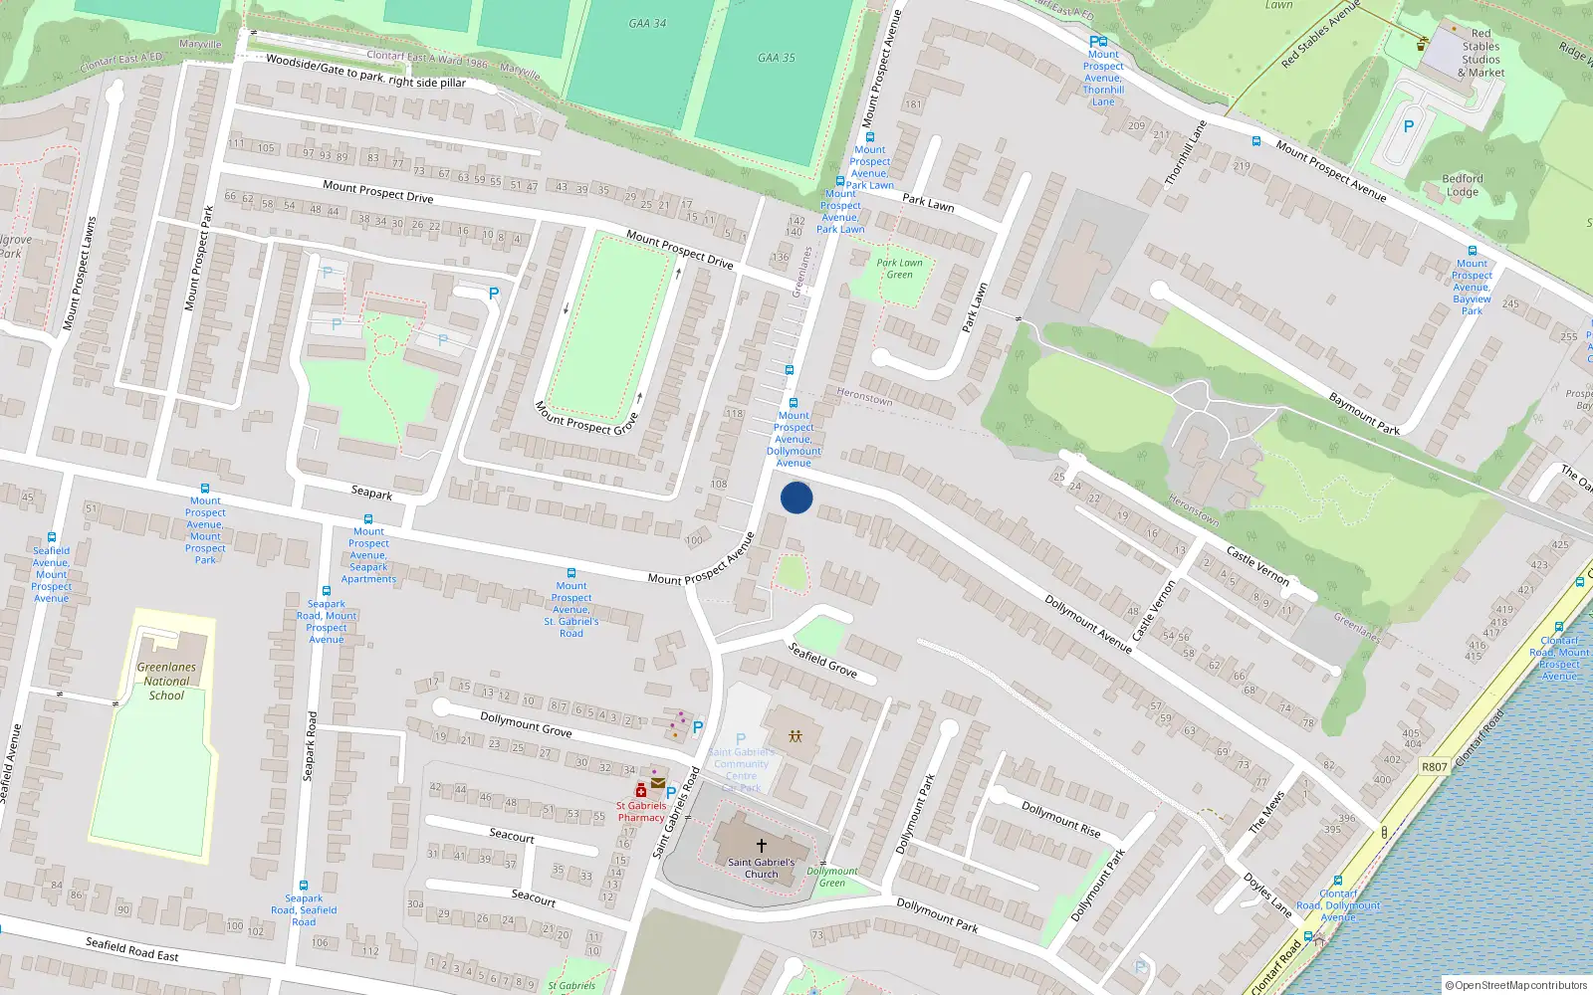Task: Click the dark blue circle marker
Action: pos(796,497)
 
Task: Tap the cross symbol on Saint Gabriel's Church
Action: pos(762,846)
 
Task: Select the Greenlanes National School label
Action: pos(166,682)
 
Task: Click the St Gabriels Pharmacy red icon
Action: pos(641,791)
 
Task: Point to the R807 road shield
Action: pos(1435,766)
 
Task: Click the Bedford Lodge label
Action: pos(1462,185)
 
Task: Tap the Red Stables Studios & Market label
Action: pos(1481,53)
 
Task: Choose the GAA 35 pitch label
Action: pos(777,58)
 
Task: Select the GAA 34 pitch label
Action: pos(647,23)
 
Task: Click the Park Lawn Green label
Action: pos(900,269)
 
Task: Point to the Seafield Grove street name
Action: pos(822,660)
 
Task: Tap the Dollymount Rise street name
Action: pos(1061,819)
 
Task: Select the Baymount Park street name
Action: pos(1364,414)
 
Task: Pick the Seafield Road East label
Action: pos(131,949)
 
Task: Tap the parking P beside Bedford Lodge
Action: pos(1408,126)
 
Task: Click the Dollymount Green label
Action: pos(832,877)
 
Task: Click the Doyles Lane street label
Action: pos(1267,895)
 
